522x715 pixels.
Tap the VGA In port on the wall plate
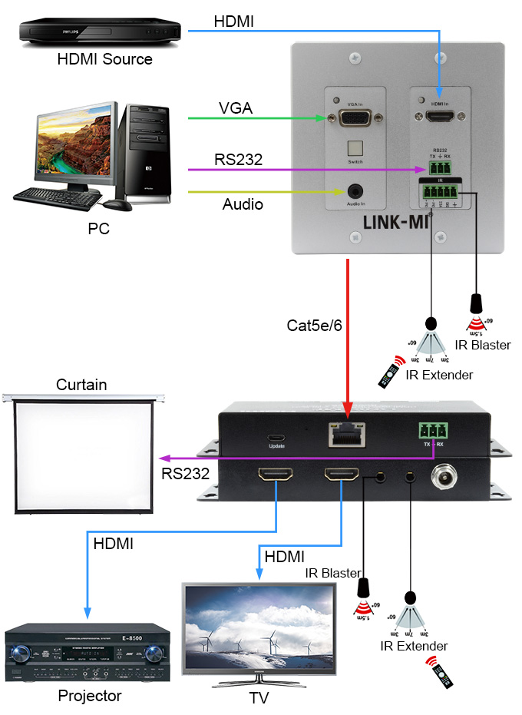click(354, 119)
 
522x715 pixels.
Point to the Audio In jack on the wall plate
click(355, 190)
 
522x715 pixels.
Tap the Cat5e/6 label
click(311, 325)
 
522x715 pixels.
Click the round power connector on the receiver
click(444, 476)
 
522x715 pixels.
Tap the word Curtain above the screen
click(81, 384)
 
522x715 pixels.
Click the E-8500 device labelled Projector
click(87, 654)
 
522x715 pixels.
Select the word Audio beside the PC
click(243, 204)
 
